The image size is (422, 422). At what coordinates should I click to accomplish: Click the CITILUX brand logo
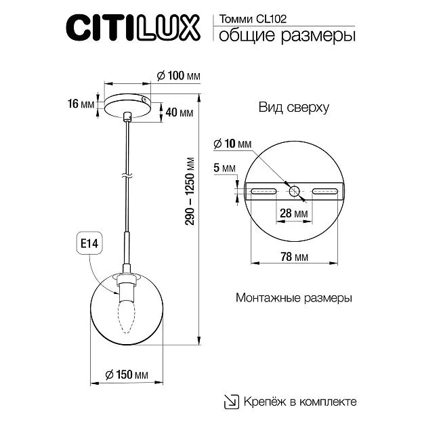[133, 28]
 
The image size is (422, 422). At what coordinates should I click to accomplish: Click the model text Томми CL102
[253, 19]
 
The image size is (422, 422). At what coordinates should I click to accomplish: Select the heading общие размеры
[287, 36]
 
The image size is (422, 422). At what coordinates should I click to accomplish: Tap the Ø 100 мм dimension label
[178, 76]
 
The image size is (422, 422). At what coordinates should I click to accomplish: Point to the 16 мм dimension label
[81, 104]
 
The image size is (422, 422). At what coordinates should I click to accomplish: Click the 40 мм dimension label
[180, 112]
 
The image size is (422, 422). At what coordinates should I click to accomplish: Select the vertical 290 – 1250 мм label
[190, 191]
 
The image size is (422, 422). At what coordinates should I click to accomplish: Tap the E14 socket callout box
[89, 243]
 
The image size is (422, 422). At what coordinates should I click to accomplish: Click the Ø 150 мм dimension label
[127, 375]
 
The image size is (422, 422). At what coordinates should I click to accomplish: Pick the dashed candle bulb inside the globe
[126, 318]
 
